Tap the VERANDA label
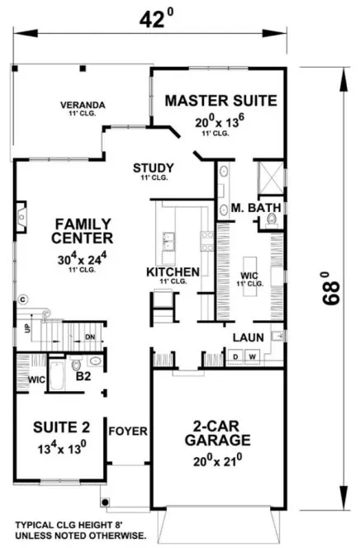(x=81, y=105)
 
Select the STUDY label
(x=154, y=168)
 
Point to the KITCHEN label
(x=173, y=272)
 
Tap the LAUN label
(x=248, y=337)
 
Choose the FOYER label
(x=128, y=431)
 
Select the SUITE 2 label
(x=55, y=427)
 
